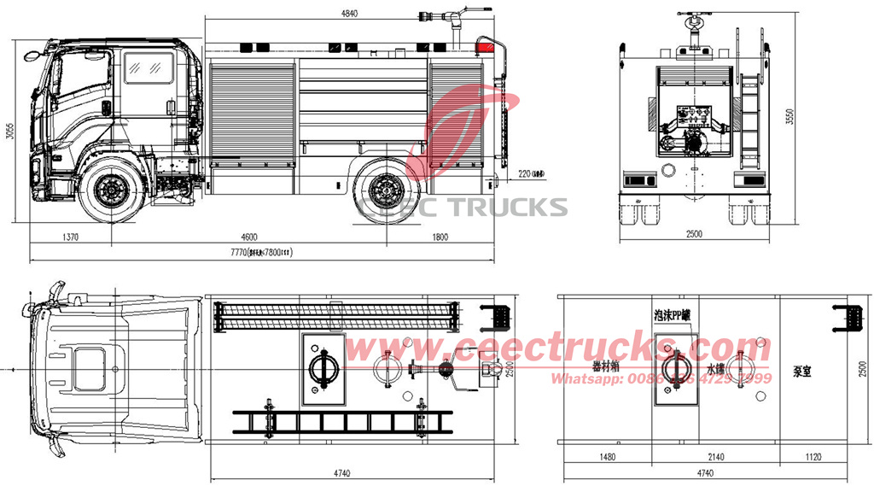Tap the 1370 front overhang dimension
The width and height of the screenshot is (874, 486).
coord(69,236)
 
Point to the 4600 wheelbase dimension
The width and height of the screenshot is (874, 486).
coord(248,236)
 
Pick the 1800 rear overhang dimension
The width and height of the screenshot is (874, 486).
coord(439,236)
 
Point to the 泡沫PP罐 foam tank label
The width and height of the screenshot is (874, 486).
coord(673,314)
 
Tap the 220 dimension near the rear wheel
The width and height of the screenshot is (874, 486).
coord(531,174)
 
